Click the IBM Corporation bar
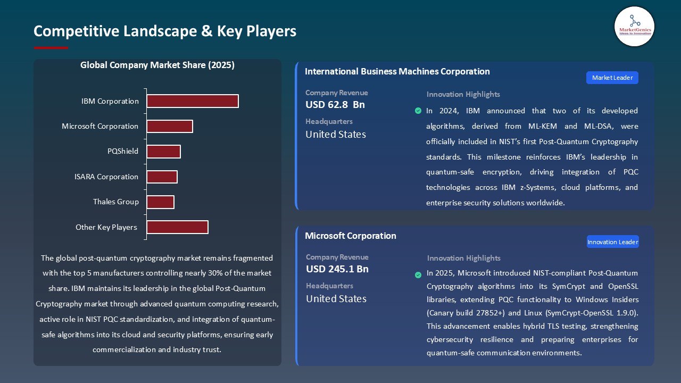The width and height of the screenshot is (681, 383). pyautogui.click(x=193, y=101)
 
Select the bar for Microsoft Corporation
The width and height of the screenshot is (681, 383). pyautogui.click(x=170, y=126)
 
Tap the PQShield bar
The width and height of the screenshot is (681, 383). pyautogui.click(x=163, y=152)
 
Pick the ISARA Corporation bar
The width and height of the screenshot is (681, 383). pyautogui.click(x=162, y=177)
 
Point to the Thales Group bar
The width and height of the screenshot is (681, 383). pyautogui.click(x=160, y=202)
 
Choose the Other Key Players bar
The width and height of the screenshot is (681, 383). pyautogui.click(x=177, y=227)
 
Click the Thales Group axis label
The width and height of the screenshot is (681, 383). pyautogui.click(x=116, y=202)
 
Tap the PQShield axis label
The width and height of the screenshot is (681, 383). pyautogui.click(x=123, y=151)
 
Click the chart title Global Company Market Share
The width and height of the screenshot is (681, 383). pyautogui.click(x=157, y=65)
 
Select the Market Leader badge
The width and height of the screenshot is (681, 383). pyautogui.click(x=612, y=78)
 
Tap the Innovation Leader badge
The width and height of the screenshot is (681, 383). pyautogui.click(x=612, y=242)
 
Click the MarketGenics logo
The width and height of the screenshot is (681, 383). pyautogui.click(x=634, y=26)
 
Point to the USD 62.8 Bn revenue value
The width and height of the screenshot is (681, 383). pyautogui.click(x=335, y=105)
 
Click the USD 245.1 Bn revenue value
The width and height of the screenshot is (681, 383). pyautogui.click(x=337, y=269)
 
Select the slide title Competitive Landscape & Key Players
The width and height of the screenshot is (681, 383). pyautogui.click(x=165, y=31)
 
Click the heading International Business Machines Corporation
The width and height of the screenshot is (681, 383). pyautogui.click(x=397, y=71)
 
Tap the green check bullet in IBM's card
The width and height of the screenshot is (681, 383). pyautogui.click(x=418, y=111)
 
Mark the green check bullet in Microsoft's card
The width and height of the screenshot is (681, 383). pyautogui.click(x=418, y=275)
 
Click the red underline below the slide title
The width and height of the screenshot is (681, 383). pyautogui.click(x=51, y=48)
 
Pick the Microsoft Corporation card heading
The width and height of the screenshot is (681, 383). pyautogui.click(x=351, y=236)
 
